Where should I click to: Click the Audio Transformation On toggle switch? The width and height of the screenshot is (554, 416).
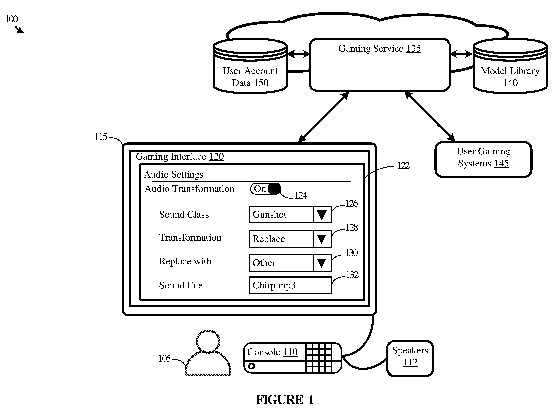266,189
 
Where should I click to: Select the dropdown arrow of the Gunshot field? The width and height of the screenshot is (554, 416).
322,215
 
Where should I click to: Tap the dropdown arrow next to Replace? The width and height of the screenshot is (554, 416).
322,239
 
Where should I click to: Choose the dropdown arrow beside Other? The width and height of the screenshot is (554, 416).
322,263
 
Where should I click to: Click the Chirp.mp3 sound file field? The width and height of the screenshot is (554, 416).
290,285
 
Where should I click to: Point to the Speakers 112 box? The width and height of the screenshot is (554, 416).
410,358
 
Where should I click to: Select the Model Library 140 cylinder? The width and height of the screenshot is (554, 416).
510,66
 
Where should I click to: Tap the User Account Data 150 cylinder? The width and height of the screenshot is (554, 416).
250,66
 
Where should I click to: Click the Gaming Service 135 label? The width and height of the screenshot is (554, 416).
379,49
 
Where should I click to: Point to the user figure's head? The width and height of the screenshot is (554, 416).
208,341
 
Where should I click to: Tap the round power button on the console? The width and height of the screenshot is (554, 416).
251,366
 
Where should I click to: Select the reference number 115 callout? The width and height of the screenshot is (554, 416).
101,137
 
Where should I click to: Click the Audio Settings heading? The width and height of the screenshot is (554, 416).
174,174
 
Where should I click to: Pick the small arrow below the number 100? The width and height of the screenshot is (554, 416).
19,30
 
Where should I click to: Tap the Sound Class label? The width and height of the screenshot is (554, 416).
184,215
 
